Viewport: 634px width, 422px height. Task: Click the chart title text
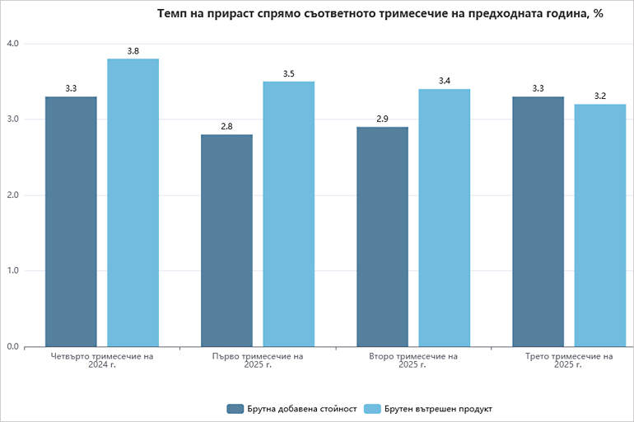(x=380, y=14)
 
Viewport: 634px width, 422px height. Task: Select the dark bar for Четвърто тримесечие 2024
(x=71, y=222)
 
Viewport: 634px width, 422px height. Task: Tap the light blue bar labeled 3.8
(x=133, y=203)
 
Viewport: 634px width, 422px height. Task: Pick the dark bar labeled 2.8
(x=226, y=241)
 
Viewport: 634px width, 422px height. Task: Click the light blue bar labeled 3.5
(x=288, y=214)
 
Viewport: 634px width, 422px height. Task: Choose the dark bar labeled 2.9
(x=382, y=237)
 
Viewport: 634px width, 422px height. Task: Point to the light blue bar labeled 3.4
(x=444, y=218)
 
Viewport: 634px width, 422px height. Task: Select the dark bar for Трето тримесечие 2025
(x=538, y=222)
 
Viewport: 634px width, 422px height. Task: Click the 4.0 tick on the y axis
(x=12, y=44)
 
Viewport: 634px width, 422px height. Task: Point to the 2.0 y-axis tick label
(x=12, y=195)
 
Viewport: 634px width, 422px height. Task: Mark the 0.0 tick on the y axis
(x=12, y=347)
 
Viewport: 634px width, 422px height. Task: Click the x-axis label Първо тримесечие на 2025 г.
(x=258, y=361)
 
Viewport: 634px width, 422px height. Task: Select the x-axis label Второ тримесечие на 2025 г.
(x=413, y=361)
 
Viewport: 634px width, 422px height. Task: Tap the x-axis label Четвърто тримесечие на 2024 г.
(x=102, y=361)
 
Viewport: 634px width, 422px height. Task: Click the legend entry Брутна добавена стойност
(x=291, y=409)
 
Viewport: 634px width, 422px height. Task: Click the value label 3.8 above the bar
(x=133, y=51)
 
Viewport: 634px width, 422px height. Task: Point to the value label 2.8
(x=226, y=127)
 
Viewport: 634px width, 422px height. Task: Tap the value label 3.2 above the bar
(x=599, y=96)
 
